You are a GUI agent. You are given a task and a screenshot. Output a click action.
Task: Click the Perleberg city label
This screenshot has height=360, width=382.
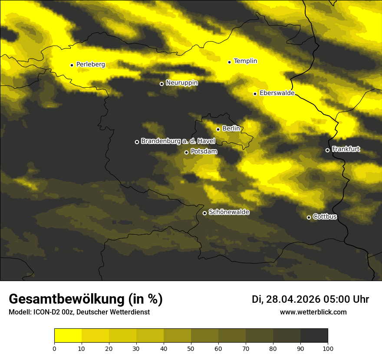pos(90,65)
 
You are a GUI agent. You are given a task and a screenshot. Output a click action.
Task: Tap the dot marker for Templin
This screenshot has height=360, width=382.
pos(229,62)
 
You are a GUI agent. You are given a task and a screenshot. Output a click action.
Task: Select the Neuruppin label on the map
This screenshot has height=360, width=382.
pos(181,83)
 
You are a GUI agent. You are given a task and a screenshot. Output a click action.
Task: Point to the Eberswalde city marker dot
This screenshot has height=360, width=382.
pos(255,94)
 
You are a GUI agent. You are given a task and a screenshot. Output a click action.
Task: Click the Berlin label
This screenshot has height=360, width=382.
pos(231,128)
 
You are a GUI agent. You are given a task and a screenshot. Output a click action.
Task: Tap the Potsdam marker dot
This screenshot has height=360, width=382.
pos(186,152)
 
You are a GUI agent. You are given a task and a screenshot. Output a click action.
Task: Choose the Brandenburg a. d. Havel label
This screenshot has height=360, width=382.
pos(178,141)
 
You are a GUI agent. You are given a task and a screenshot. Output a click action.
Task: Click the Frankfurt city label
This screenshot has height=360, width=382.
pos(346,149)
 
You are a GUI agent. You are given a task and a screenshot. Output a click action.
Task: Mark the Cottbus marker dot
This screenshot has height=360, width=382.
pos(309,217)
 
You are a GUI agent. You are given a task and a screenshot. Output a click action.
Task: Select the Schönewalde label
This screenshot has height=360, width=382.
pos(229,212)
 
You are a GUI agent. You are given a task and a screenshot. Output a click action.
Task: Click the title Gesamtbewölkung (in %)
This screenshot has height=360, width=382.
pos(86,299)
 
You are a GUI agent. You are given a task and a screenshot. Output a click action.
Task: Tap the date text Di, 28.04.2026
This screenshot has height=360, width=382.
pos(286,299)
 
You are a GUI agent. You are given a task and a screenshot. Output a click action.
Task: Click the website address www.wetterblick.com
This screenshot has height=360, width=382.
pos(313,312)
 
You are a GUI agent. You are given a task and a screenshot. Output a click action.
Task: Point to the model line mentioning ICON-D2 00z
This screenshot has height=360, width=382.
pos(79,312)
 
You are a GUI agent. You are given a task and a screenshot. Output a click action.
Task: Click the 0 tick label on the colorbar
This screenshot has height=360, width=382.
pos(54,348)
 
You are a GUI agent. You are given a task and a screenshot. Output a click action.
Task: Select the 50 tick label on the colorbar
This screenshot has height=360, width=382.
pos(191,348)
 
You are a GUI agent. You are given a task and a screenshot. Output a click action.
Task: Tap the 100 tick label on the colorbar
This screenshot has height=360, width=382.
pos(328,348)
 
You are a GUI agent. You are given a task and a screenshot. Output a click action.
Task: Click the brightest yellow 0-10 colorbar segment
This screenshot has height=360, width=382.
pos(68,336)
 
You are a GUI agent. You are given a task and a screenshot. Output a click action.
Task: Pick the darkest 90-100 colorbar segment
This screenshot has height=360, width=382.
pos(314,336)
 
